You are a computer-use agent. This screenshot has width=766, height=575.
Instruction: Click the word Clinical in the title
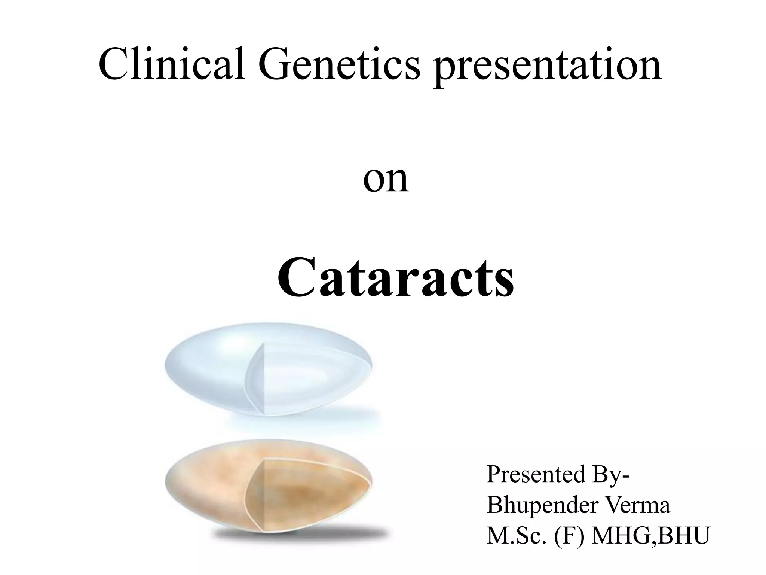172,64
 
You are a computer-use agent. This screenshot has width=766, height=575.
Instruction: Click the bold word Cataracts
396,279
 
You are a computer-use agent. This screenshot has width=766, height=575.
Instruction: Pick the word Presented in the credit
536,474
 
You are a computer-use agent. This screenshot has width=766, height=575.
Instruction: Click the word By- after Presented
611,474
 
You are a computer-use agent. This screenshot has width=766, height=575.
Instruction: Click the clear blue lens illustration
209,369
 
